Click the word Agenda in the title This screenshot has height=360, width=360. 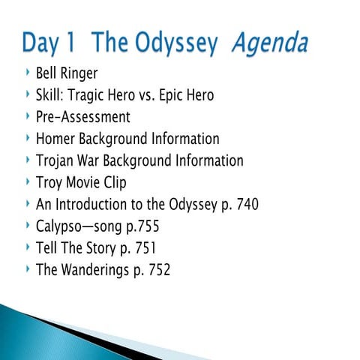269,45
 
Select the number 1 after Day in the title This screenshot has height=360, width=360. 76,43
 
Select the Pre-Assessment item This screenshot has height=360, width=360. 82,117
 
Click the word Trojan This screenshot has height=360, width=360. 57,161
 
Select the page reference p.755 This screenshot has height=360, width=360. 141,226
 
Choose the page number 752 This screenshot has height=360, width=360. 157,270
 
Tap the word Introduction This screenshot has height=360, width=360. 94,204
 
